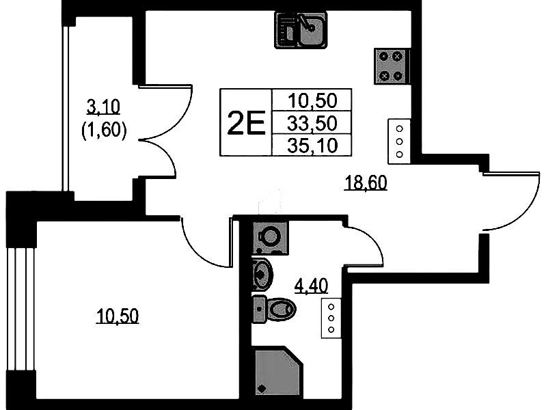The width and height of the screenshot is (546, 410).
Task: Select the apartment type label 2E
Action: tap(246, 122)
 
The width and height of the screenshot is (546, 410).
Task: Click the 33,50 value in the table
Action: tap(312, 123)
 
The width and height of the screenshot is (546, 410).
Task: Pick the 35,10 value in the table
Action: tap(312, 146)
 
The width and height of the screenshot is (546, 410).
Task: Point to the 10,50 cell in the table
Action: tap(312, 100)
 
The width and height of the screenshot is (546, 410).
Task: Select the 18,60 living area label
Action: tap(366, 182)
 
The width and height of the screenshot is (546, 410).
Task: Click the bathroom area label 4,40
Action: tap(311, 286)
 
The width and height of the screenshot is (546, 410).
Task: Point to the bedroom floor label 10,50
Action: tap(118, 316)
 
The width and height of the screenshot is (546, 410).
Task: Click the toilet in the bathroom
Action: tap(274, 308)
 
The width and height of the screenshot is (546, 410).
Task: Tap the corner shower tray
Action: tap(277, 371)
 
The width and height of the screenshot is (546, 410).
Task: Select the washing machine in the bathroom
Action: tap(270, 238)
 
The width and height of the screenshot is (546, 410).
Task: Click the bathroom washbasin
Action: tap(262, 274)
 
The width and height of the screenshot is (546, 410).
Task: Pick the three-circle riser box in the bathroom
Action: tap(331, 318)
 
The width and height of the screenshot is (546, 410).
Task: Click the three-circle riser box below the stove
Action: tap(399, 141)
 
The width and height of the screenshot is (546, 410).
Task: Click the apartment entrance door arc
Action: tap(511, 202)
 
